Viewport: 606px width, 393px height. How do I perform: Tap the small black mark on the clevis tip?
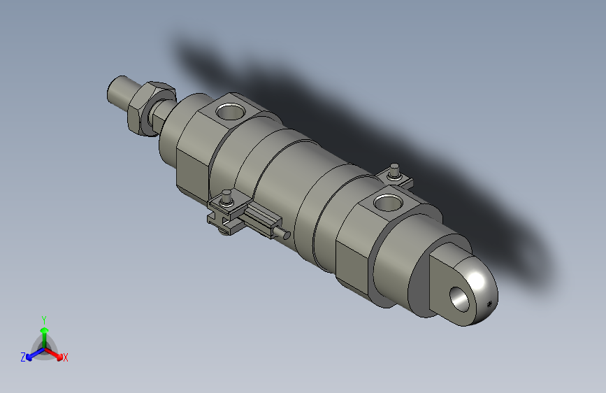coord(489,303)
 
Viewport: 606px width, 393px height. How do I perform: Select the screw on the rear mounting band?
coord(395,170)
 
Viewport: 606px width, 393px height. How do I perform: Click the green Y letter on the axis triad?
coord(44,319)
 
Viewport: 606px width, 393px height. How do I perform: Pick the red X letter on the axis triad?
coord(66,358)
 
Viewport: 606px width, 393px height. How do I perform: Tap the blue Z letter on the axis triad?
coord(23,357)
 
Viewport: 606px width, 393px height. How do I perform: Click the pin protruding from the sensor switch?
coord(281,233)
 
